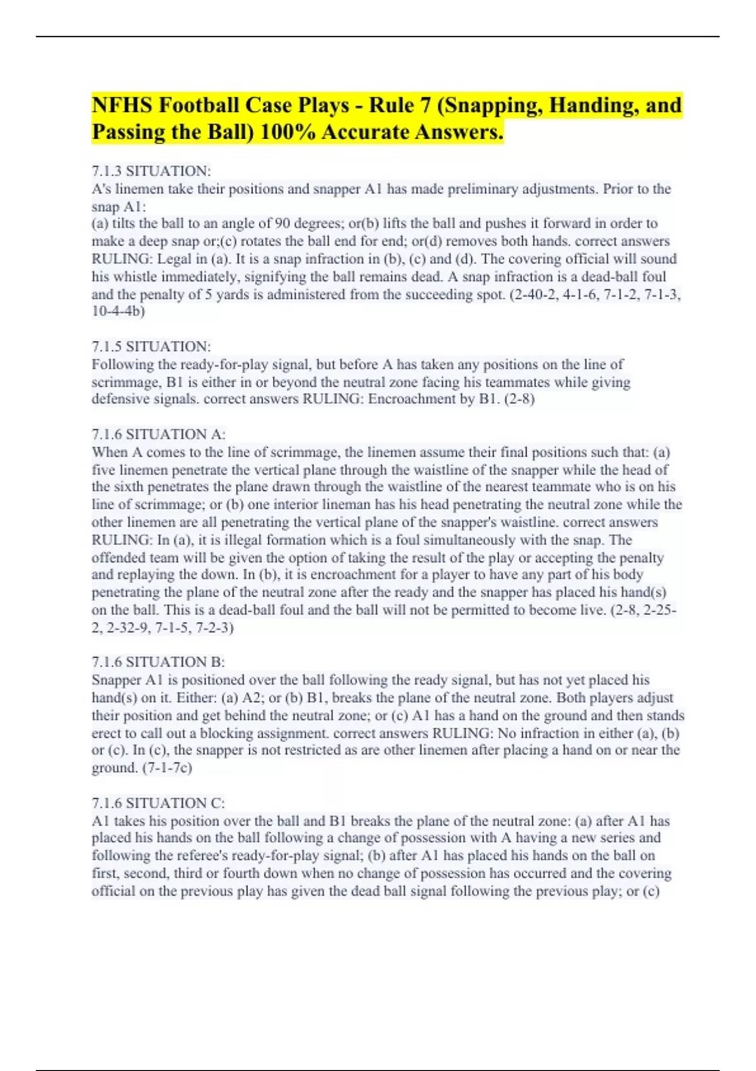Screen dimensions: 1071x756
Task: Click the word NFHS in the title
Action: point(122,105)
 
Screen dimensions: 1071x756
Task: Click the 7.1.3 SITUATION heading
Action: point(151,171)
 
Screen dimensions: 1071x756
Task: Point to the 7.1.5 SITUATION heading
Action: point(151,346)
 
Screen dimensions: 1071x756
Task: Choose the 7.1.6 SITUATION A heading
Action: point(159,434)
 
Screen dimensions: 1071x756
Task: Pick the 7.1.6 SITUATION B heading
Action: point(158,661)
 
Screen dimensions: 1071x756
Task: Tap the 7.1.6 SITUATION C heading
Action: point(158,803)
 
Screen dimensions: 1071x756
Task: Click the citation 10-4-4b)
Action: point(118,311)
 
